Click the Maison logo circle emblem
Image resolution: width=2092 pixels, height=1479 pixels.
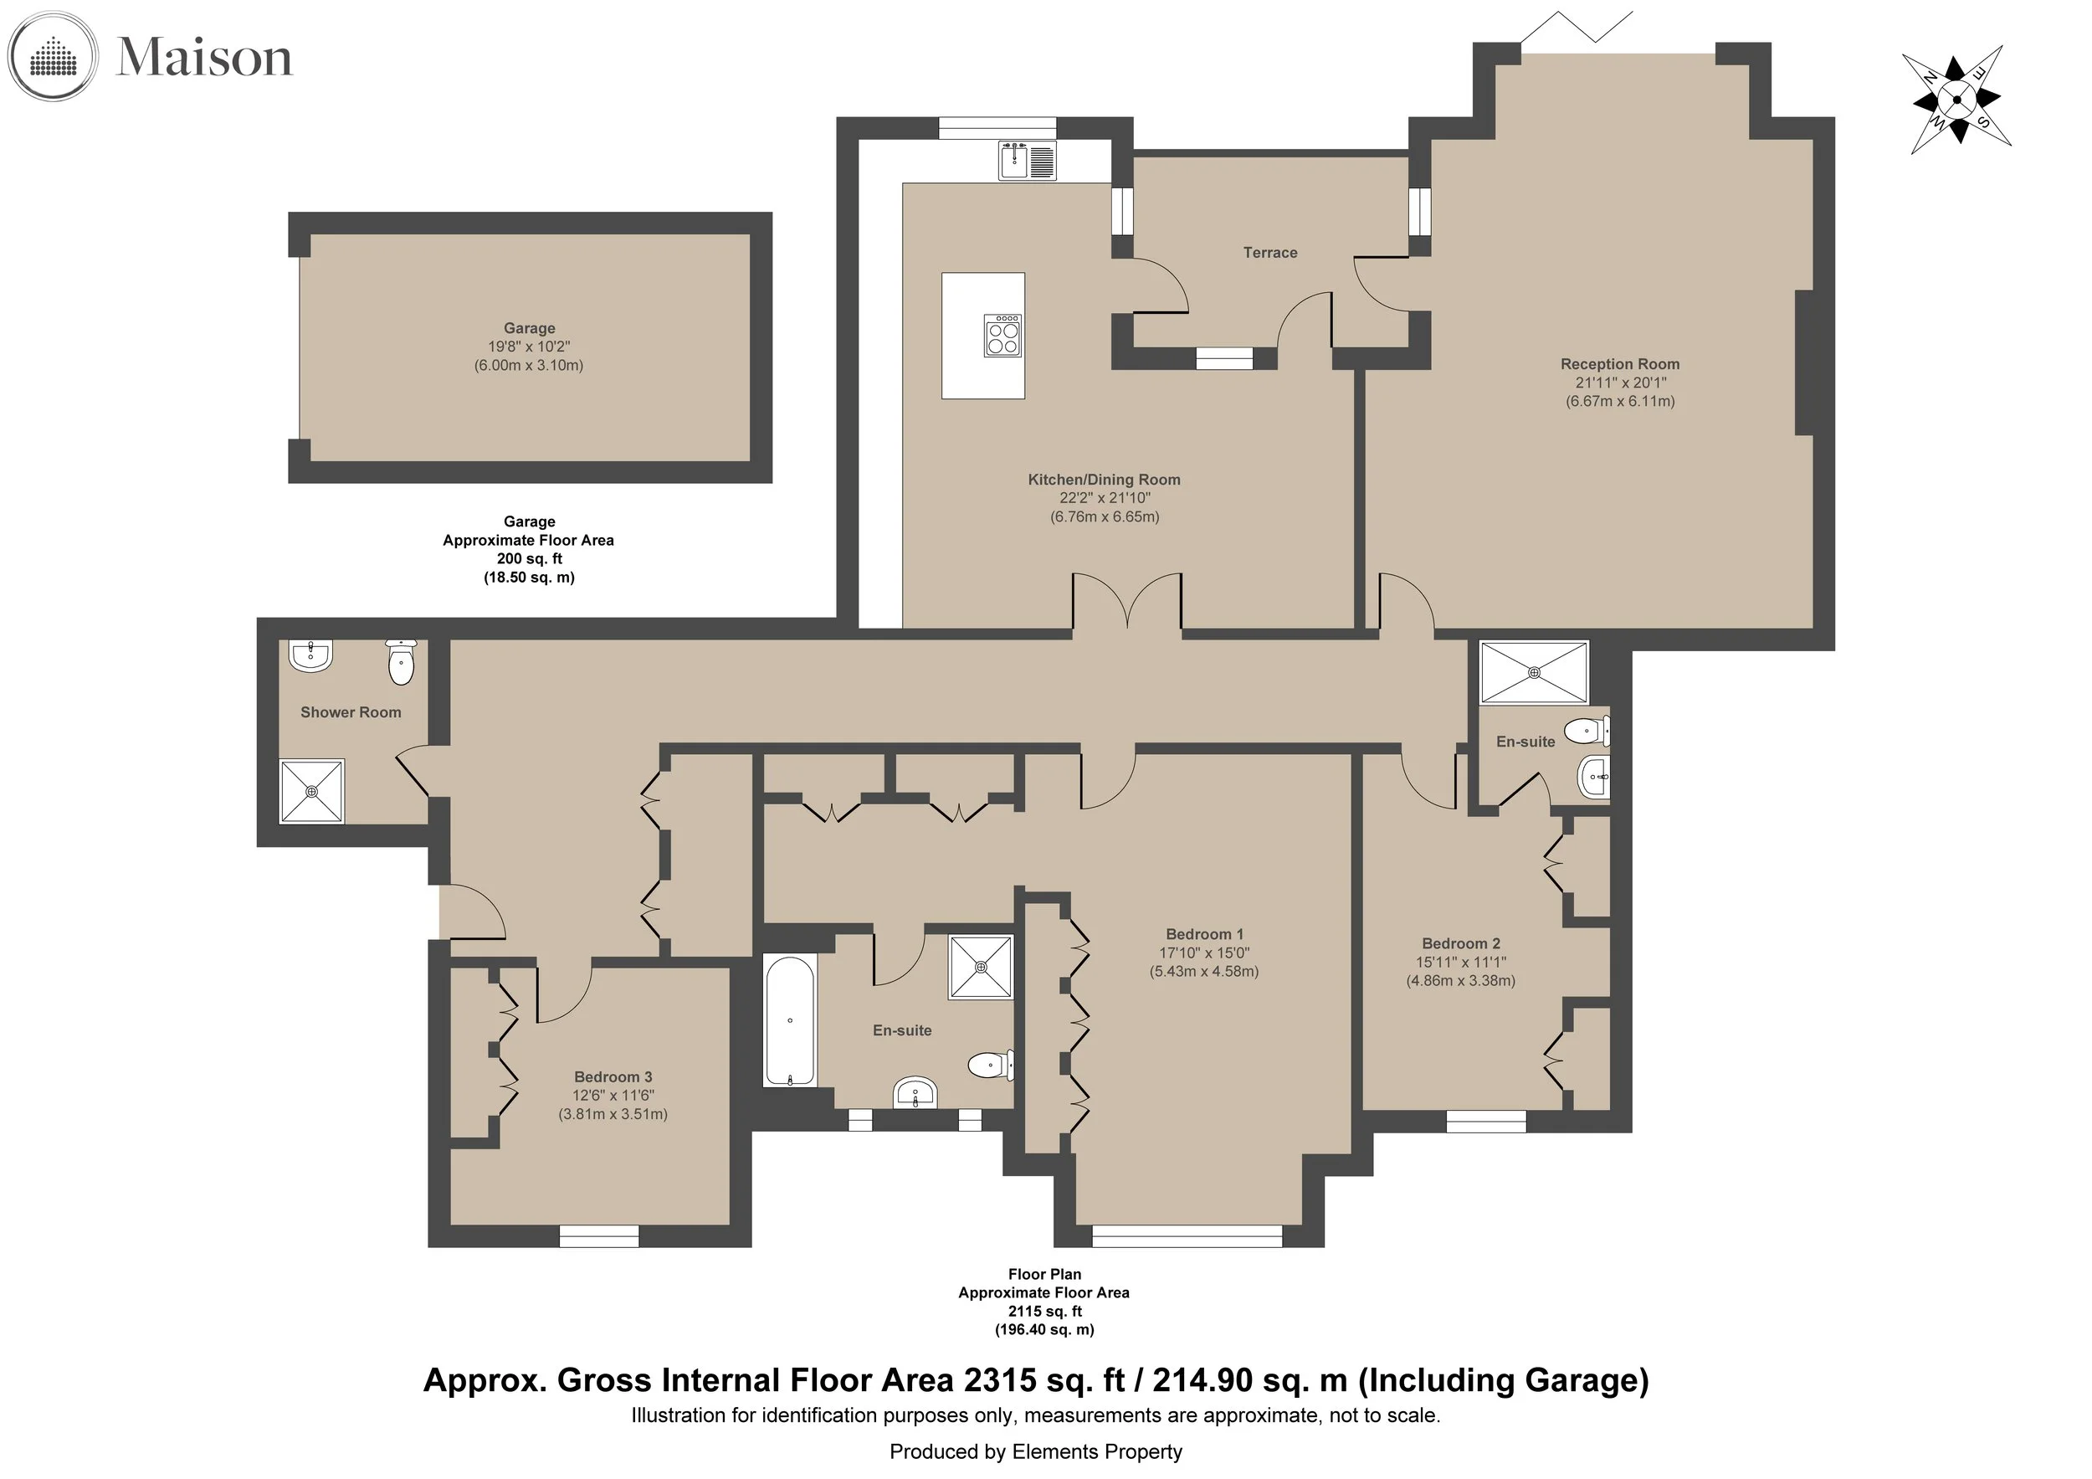(51, 57)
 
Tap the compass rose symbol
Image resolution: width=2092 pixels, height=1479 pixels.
(1956, 100)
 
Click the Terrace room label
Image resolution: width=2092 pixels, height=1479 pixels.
(1270, 253)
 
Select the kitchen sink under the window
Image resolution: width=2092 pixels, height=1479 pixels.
(1027, 161)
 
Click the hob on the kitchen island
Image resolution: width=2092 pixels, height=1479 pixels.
(1002, 335)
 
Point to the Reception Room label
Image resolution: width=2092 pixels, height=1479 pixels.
(1620, 363)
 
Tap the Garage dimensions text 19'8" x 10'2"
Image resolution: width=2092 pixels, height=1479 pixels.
(530, 347)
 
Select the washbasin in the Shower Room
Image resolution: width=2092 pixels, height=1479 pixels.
(310, 655)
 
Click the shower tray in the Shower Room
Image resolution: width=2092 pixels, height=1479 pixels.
(311, 791)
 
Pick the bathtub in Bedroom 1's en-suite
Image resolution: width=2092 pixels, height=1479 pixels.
(789, 1020)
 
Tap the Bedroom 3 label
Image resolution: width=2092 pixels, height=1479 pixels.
(613, 1076)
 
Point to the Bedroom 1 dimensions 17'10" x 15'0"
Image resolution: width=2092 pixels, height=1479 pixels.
(1203, 953)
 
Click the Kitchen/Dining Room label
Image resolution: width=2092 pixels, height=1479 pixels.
(1105, 480)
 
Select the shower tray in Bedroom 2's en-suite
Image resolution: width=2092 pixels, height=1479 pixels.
(1535, 672)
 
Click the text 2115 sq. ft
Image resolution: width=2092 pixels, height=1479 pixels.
(1044, 1312)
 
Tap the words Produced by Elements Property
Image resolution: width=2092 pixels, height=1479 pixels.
(1036, 1451)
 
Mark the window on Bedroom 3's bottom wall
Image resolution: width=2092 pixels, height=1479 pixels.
(598, 1235)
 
